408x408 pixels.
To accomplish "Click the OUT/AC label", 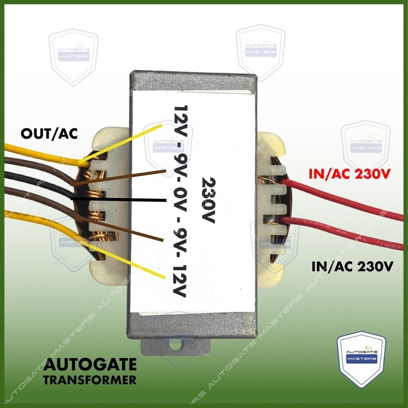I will (49, 133).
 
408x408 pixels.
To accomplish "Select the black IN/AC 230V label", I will (352, 266).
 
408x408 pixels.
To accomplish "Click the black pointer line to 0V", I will (120, 199).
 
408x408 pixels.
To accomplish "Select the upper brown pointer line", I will (120, 178).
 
